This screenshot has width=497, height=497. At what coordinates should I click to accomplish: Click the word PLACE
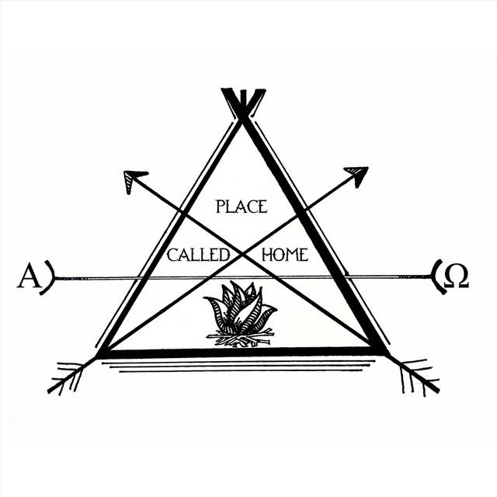(242, 207)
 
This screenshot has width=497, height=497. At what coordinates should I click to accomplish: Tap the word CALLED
(198, 255)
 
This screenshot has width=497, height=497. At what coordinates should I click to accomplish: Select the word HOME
(285, 255)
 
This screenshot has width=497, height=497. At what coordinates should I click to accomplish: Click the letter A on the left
(30, 275)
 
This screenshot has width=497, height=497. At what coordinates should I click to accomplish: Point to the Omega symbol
(456, 276)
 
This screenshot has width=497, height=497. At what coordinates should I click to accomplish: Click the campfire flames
(240, 307)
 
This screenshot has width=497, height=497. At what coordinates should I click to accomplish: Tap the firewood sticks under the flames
(240, 338)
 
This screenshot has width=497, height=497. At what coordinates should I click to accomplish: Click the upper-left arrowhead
(134, 180)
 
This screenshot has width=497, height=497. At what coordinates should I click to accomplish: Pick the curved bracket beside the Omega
(438, 276)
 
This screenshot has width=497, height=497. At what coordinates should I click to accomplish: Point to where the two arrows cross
(243, 253)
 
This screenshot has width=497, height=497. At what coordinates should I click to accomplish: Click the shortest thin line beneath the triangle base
(241, 370)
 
